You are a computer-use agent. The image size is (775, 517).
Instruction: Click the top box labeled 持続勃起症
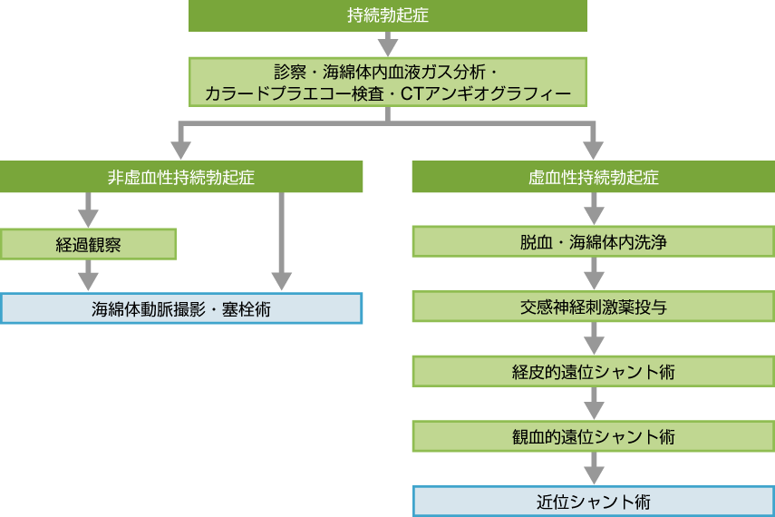point(388,15)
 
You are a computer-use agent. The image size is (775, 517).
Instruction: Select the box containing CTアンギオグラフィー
point(388,82)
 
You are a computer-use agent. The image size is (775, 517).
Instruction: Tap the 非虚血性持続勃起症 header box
point(181,177)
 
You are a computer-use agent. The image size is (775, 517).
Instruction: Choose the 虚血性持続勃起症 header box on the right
point(594,177)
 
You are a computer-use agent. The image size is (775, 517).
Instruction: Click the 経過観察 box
point(88,244)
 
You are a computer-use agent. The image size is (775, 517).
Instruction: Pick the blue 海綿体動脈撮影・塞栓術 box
point(181,308)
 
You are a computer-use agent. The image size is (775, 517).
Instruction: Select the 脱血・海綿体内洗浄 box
point(594,242)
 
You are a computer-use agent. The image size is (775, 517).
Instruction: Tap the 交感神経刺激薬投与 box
point(594,307)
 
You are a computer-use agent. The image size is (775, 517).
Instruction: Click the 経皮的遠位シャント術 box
point(594,371)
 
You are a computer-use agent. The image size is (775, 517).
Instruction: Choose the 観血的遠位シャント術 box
point(594,436)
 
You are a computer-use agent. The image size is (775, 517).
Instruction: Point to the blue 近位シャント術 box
point(594,501)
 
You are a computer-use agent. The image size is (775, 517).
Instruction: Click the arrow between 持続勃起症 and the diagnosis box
point(388,44)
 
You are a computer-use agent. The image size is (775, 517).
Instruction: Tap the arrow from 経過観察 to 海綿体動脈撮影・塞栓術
point(88,275)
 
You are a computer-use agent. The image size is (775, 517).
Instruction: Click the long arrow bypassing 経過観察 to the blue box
point(282,240)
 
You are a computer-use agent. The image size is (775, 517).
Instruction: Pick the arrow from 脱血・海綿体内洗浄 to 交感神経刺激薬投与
point(594,274)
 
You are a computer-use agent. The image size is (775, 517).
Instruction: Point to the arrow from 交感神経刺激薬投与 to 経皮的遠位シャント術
point(594,339)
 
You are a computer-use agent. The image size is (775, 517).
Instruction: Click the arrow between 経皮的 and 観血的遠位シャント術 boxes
point(594,404)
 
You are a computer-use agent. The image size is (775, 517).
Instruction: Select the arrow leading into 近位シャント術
point(594,469)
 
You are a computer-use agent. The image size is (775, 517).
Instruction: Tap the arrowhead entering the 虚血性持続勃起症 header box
point(594,149)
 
